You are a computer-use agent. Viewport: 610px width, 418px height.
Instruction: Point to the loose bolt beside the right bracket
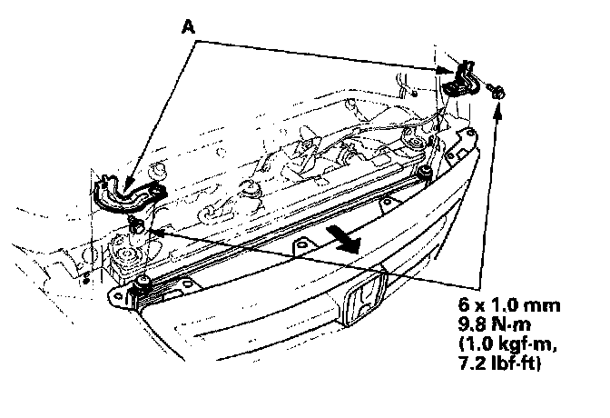[497, 91]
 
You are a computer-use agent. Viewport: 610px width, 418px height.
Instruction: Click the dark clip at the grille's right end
[425, 170]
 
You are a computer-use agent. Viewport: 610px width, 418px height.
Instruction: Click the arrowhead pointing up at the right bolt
[497, 111]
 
